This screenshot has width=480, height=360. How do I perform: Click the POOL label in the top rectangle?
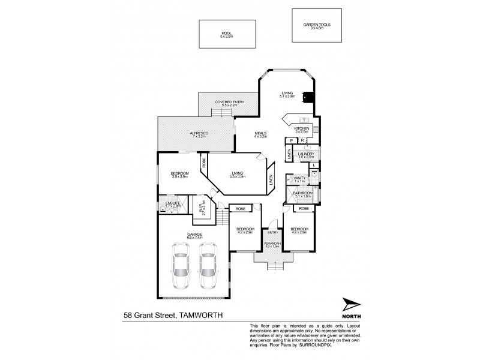pos(226,33)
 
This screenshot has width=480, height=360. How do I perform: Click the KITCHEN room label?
pos(302,128)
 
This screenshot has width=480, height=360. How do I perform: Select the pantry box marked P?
pos(291,140)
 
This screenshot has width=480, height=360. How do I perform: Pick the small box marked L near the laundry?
pos(313,165)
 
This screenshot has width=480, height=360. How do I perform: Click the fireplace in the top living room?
pos(308,97)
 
